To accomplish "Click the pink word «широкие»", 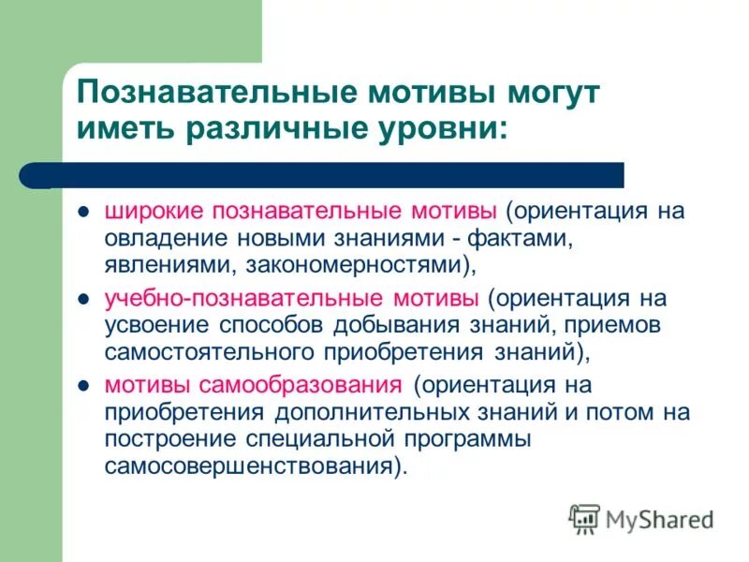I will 156,210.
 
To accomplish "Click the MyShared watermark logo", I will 642,518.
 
